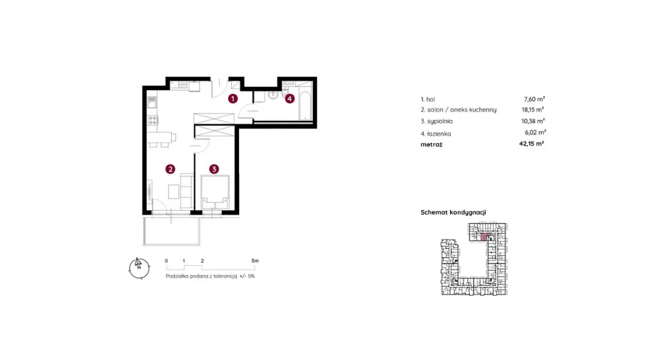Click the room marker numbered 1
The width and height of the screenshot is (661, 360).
(233, 99)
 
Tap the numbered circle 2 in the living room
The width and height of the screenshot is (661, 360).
(170, 169)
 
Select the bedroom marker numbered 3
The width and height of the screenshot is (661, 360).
(214, 169)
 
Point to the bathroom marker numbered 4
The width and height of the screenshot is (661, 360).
(289, 99)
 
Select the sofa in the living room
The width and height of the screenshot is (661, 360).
(186, 188)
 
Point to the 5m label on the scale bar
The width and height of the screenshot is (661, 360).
(255, 261)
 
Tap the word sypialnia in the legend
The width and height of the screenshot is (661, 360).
(440, 121)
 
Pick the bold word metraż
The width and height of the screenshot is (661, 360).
(431, 144)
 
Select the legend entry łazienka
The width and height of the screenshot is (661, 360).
(439, 133)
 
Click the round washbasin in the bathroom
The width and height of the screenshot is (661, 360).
(272, 97)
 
